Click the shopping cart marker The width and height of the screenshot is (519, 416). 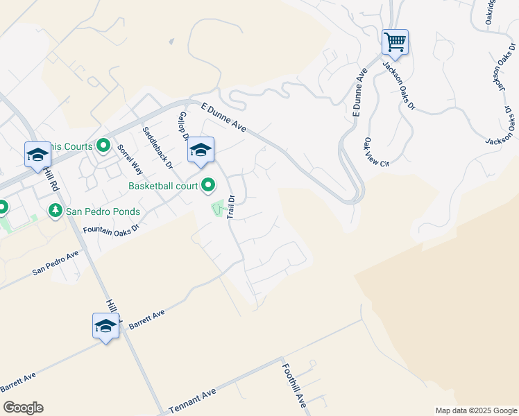[x=395, y=42]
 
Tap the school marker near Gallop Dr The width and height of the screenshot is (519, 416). [x=201, y=150]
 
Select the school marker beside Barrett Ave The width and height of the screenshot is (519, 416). [x=105, y=327]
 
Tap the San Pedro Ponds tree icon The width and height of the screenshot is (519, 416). [x=55, y=210]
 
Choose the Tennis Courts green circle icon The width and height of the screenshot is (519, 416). [x=103, y=146]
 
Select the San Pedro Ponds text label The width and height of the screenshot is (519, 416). [x=103, y=211]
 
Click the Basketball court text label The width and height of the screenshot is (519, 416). [x=164, y=186]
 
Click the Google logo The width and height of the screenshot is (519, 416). [x=23, y=408]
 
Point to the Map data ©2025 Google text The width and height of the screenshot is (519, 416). [x=475, y=410]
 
